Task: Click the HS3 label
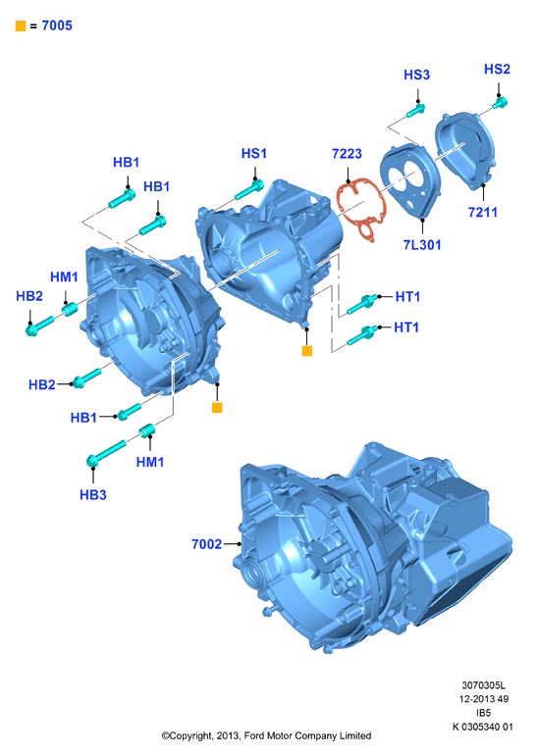[416, 75]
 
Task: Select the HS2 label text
[497, 69]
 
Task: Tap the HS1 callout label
[254, 153]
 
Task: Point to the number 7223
[347, 154]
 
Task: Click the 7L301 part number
[422, 244]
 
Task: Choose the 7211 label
[483, 212]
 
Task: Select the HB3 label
[93, 494]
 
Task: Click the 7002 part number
[207, 544]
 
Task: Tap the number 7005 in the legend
[57, 25]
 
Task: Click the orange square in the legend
[21, 26]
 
